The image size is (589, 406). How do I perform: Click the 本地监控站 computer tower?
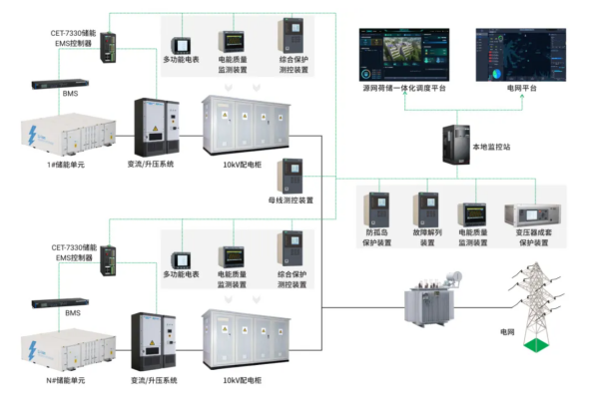click(x=456, y=145)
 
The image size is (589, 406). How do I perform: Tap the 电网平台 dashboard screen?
click(x=521, y=55)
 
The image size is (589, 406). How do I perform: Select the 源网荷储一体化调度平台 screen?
click(x=404, y=55)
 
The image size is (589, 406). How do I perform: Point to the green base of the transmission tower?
click(x=536, y=345)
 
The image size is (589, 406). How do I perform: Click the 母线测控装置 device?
click(x=290, y=176)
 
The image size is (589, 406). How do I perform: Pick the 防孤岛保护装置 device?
click(x=376, y=209)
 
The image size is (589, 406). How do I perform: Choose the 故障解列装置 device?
click(x=425, y=209)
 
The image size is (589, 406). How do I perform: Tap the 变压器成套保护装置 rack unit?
click(x=533, y=215)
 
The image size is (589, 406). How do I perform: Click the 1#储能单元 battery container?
click(x=68, y=135)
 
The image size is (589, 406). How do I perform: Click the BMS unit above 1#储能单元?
click(x=60, y=84)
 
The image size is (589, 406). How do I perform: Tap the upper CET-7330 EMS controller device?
click(x=108, y=48)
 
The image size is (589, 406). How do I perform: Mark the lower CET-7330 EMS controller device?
click(x=108, y=261)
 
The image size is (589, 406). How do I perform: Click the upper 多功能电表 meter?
click(x=181, y=46)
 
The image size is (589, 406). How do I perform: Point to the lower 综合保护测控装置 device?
click(x=290, y=248)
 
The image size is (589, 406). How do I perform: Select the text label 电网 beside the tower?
click(x=507, y=332)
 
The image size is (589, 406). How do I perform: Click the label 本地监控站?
click(x=491, y=147)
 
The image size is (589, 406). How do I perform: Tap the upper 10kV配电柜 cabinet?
click(x=246, y=126)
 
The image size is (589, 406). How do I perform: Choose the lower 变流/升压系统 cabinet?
click(x=154, y=341)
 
